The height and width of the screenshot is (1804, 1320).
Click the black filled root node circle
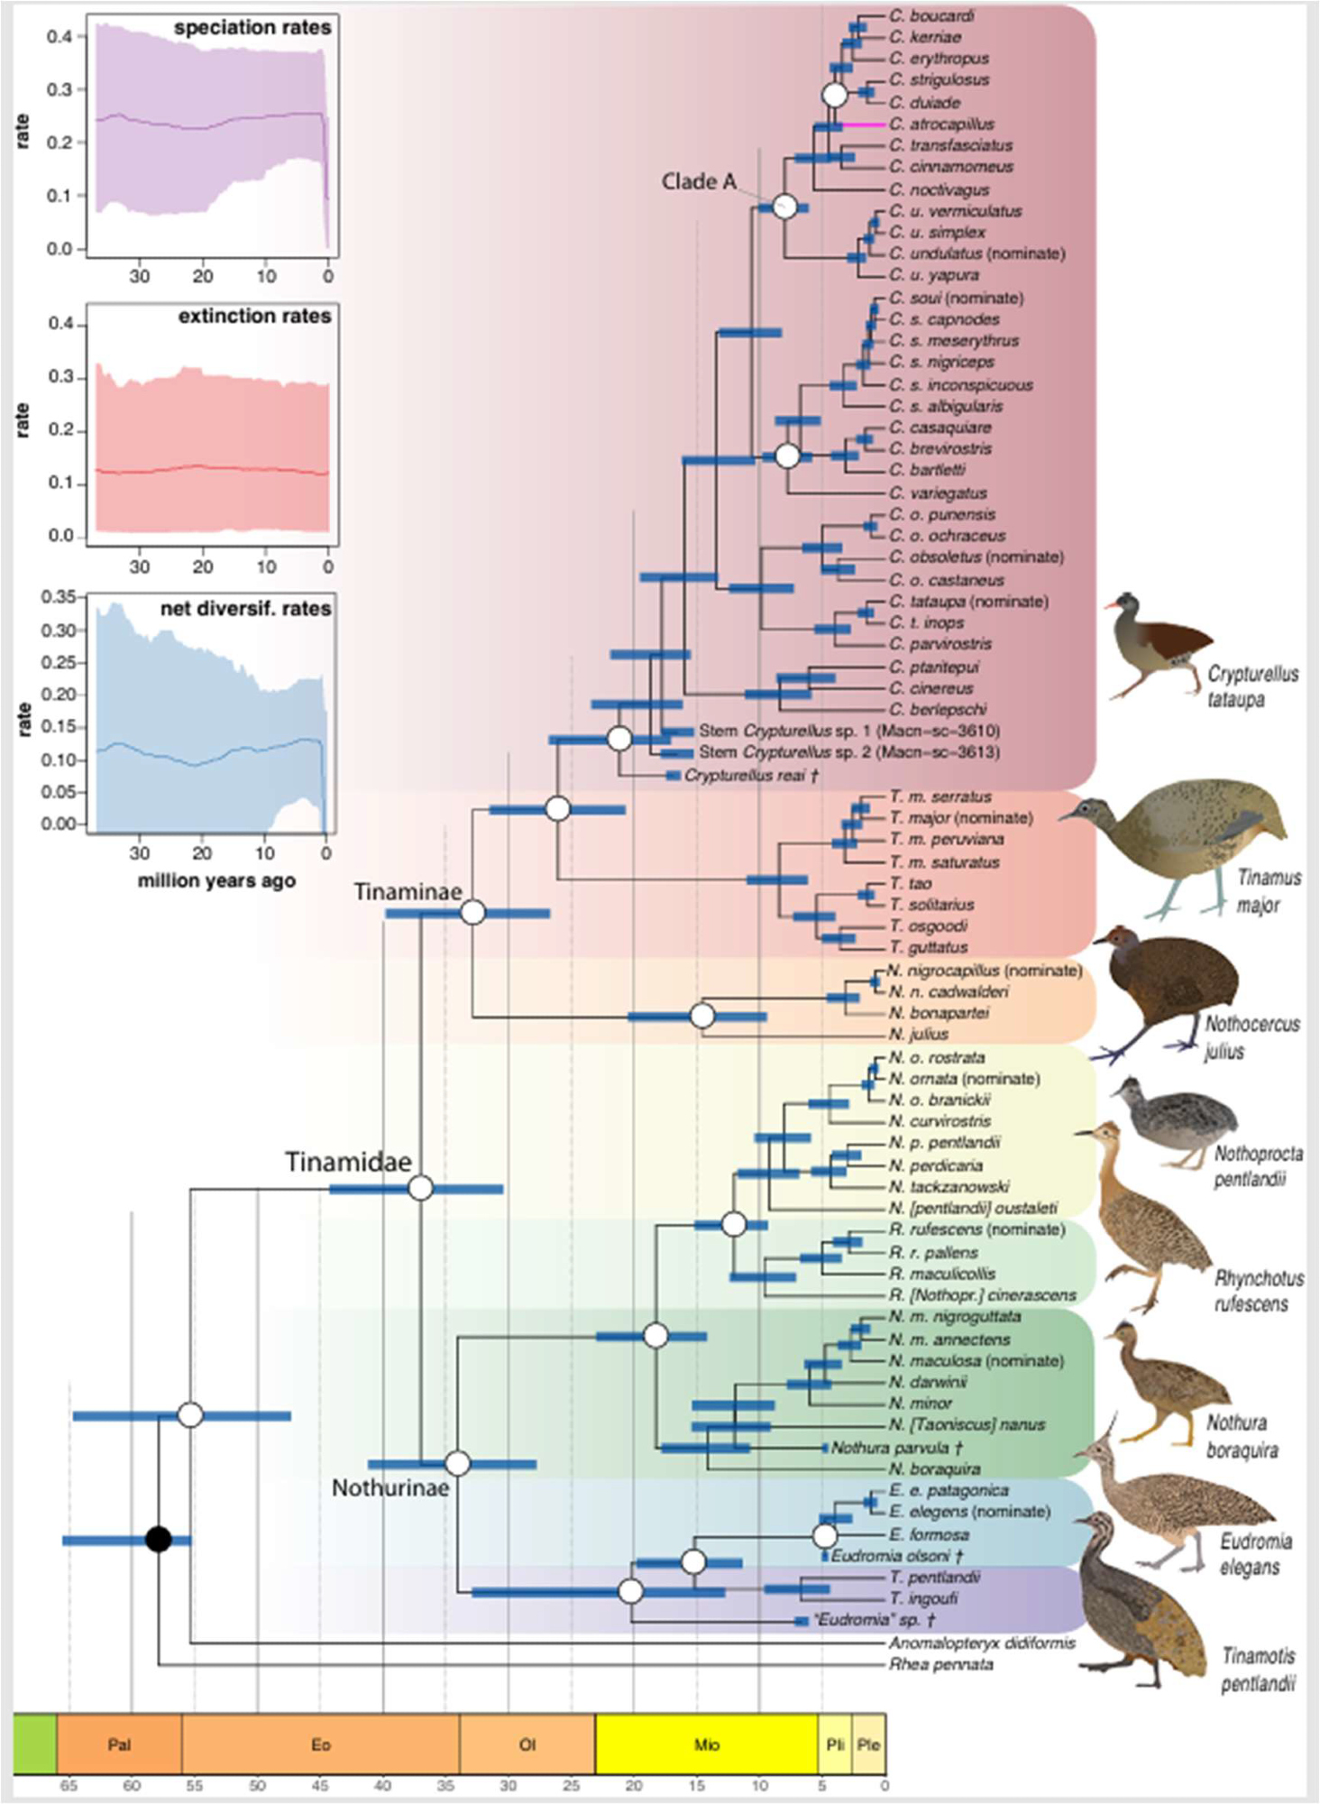click(159, 1539)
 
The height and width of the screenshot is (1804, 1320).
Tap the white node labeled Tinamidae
click(421, 1188)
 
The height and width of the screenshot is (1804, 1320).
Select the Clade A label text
click(698, 181)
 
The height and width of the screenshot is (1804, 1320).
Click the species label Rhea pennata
click(940, 1664)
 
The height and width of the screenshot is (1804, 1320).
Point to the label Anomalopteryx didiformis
click(981, 1643)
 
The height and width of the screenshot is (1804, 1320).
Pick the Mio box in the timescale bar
click(706, 1744)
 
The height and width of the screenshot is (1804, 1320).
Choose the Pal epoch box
click(119, 1744)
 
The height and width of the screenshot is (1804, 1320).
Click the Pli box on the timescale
click(835, 1744)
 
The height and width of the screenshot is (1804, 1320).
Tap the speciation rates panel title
click(252, 28)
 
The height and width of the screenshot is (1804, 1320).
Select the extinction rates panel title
click(254, 316)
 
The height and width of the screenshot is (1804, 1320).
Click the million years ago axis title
click(216, 880)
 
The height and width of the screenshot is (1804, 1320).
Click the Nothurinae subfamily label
click(390, 1487)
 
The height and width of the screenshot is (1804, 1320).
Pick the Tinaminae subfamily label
click(408, 891)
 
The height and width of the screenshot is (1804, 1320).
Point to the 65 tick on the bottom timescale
click(69, 1785)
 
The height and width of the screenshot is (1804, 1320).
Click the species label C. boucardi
click(930, 15)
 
